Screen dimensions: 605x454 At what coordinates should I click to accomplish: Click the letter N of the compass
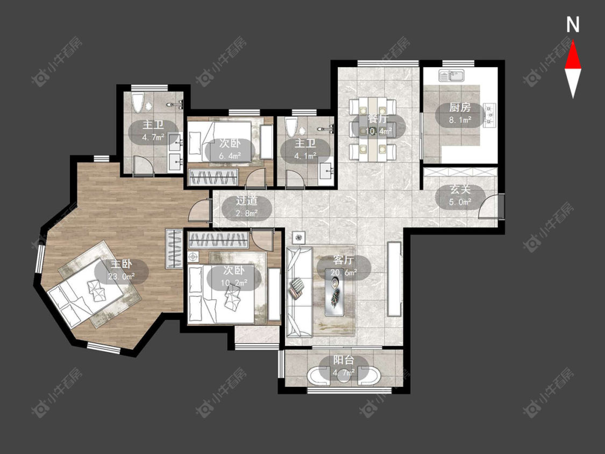point(573,25)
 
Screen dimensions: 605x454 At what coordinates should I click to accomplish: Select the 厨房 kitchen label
point(460,107)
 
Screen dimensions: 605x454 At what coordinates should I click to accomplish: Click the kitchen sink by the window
point(451,75)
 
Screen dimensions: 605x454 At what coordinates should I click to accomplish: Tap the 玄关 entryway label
point(460,189)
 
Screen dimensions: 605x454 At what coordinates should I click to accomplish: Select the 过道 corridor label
point(247,200)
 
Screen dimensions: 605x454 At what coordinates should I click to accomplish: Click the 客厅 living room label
point(344,259)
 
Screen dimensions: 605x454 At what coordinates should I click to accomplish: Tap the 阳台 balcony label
point(344,360)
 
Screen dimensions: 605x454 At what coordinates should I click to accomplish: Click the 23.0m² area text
point(122,276)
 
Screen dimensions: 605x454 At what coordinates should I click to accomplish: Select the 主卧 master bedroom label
point(122,264)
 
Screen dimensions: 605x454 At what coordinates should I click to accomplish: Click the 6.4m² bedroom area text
point(230,155)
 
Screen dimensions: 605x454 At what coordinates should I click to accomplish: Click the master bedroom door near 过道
point(200,210)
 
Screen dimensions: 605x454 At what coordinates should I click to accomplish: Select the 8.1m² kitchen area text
point(460,119)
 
